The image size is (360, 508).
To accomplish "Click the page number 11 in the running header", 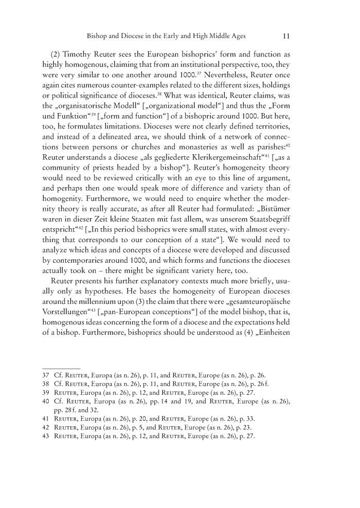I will (289, 37).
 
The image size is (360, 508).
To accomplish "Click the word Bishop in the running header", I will (100, 37).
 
